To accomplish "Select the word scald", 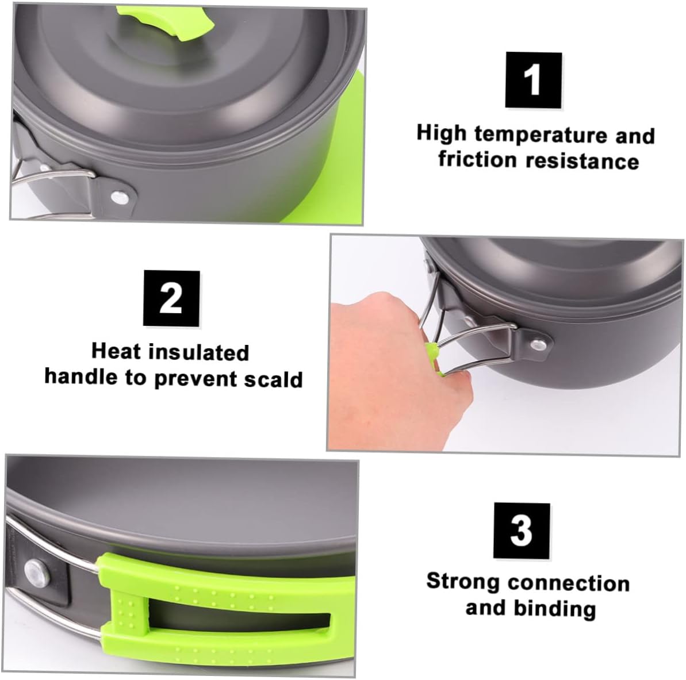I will click(x=273, y=379).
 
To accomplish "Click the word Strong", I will click(x=463, y=582).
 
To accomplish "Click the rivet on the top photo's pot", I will click(x=120, y=197).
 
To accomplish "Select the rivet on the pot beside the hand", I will click(x=538, y=344).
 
